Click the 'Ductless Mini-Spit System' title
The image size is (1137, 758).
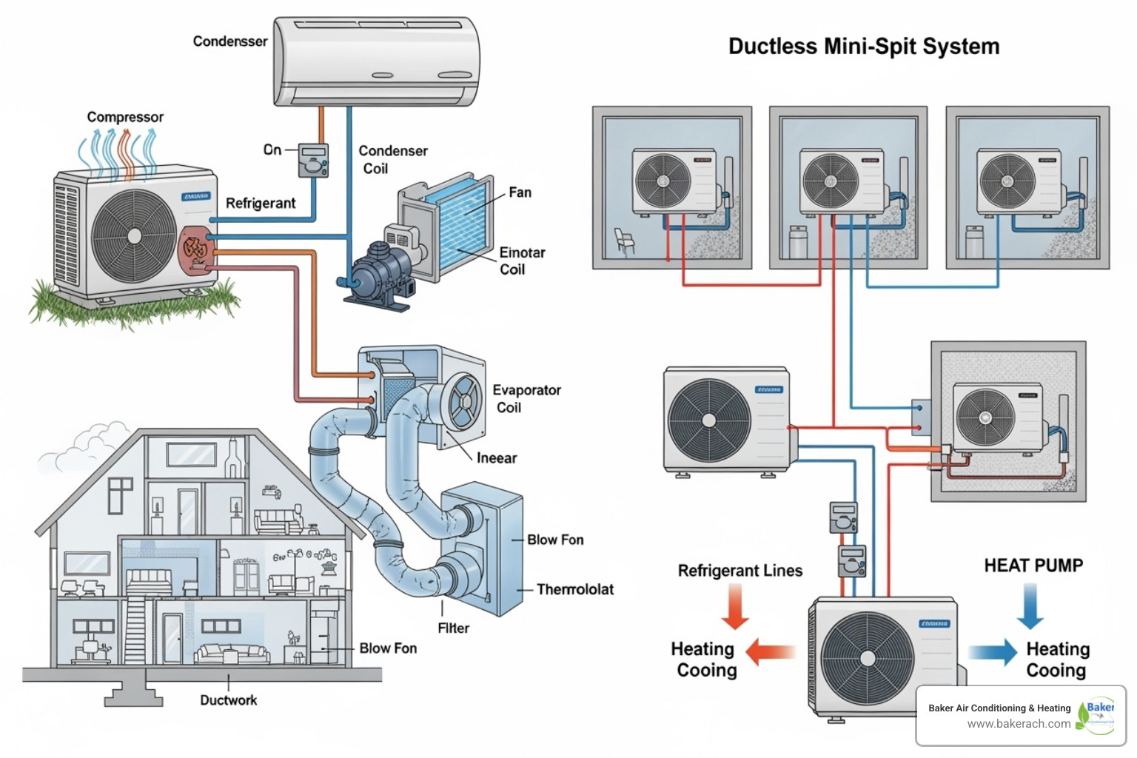point(863,47)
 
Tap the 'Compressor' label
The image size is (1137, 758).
point(125,117)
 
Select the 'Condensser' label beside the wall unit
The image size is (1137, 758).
point(230,41)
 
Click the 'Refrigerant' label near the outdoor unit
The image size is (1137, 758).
point(261,203)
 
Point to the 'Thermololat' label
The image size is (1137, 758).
point(575,589)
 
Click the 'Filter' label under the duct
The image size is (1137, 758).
point(453,628)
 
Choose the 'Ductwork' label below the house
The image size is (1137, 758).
point(228,700)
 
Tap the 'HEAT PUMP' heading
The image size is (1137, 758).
point(1033,566)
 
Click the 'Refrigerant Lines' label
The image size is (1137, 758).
point(740,571)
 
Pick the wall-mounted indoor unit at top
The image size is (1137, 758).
point(377,62)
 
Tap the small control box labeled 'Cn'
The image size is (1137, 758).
point(313,160)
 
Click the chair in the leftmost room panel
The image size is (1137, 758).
point(624,241)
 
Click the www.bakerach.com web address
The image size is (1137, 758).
point(1019,724)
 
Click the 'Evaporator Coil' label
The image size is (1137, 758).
point(526,398)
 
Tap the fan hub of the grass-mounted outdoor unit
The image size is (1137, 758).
point(134,236)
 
